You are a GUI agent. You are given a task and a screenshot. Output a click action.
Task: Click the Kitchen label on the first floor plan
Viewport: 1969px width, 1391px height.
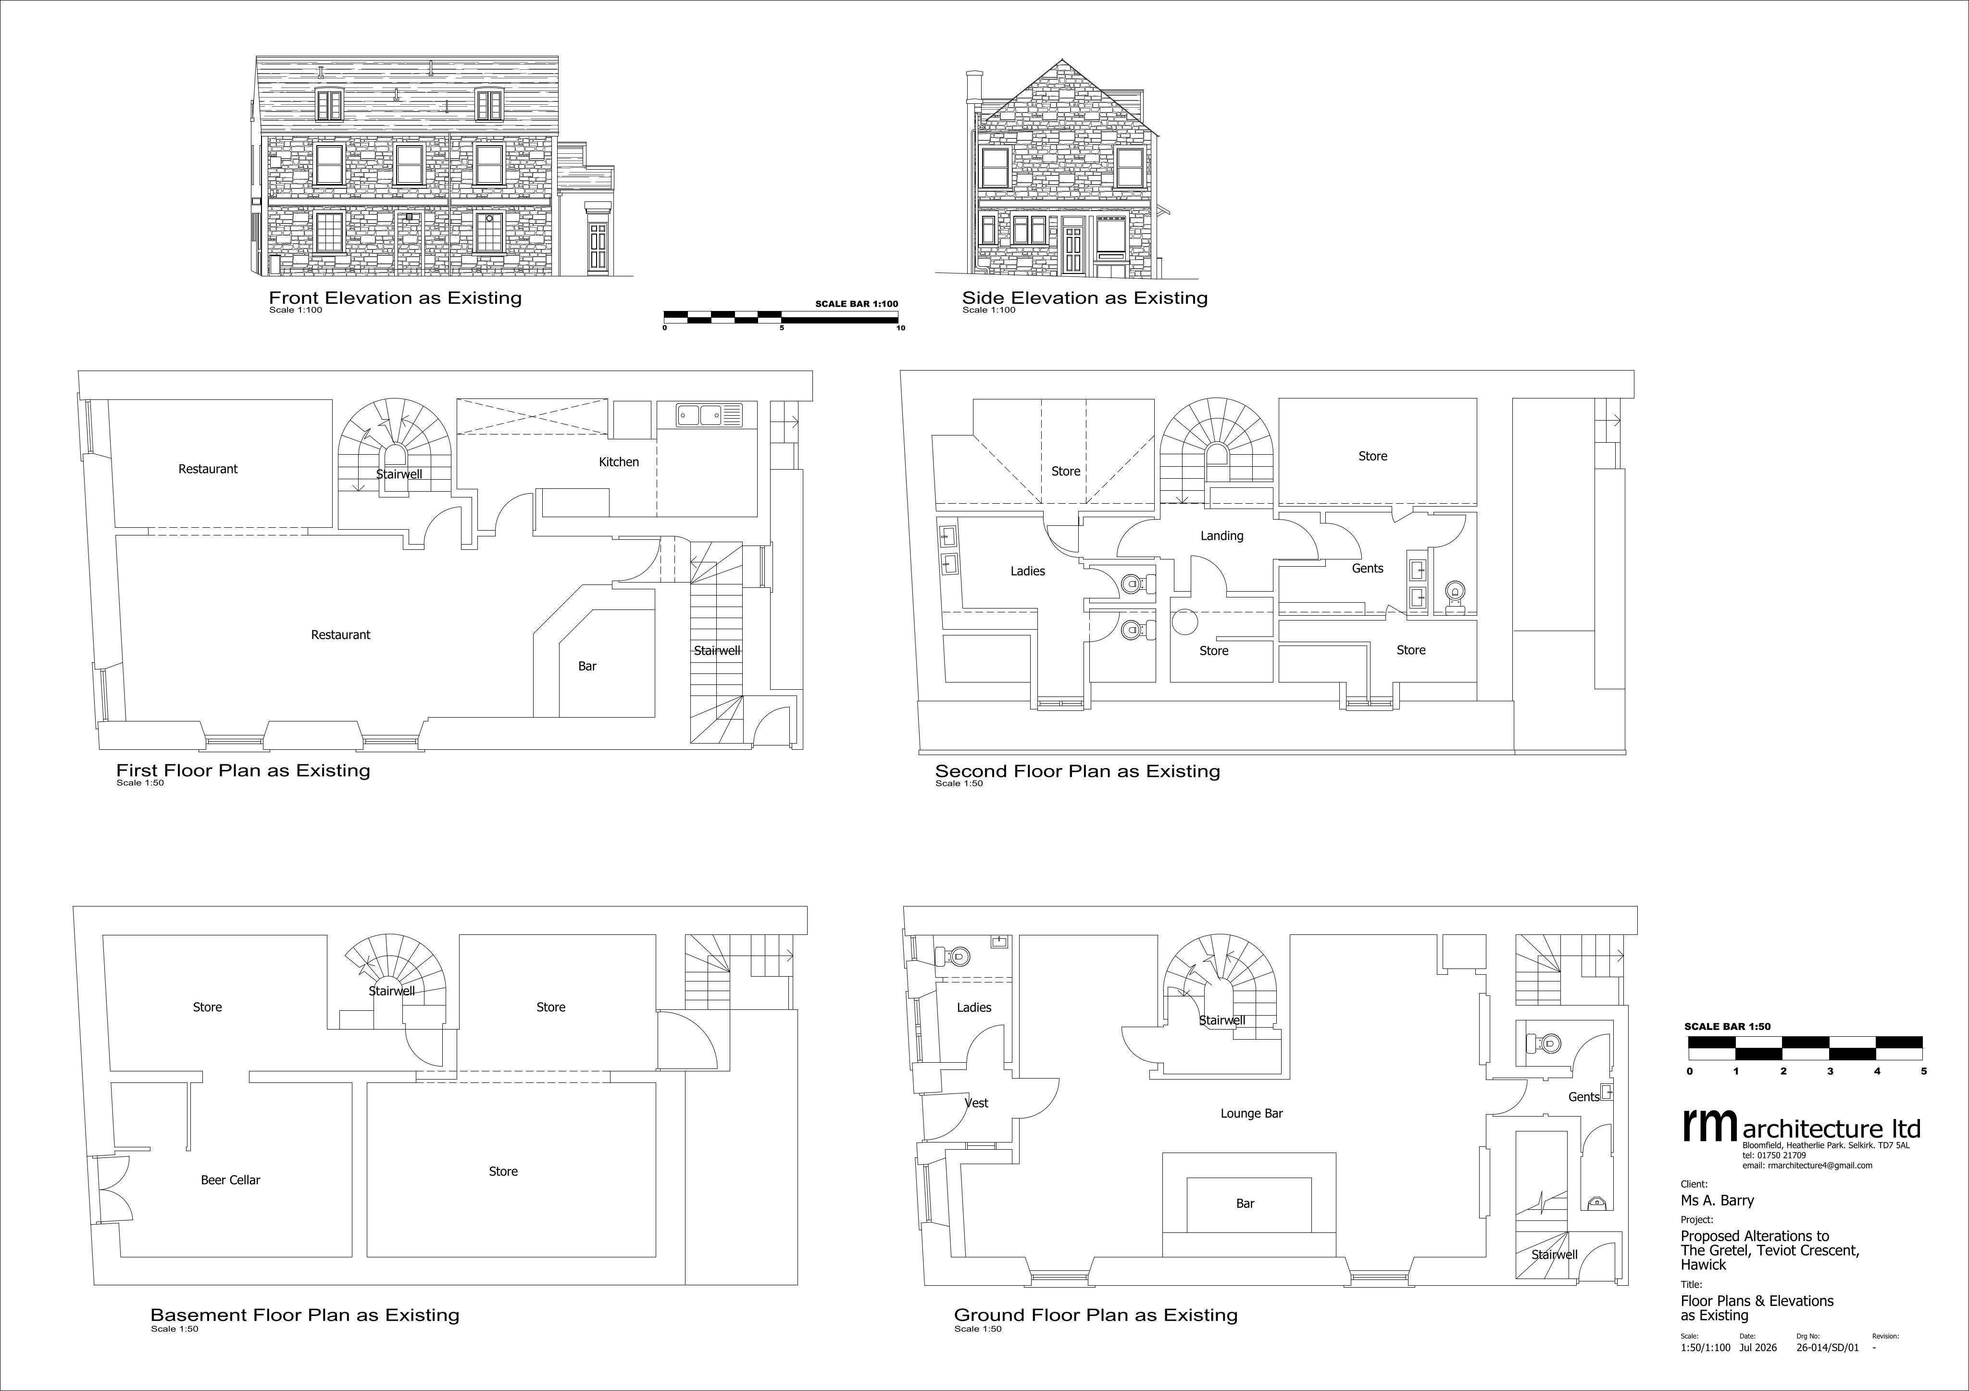[x=618, y=462]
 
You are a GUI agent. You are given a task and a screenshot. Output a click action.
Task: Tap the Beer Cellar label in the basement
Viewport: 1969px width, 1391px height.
[x=230, y=1180]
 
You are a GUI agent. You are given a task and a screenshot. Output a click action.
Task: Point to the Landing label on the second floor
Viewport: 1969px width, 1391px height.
[x=1221, y=536]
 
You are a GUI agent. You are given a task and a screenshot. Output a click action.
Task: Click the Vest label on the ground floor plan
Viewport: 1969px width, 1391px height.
[x=977, y=1103]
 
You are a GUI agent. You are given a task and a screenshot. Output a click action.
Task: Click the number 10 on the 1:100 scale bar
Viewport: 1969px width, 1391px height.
[x=900, y=328]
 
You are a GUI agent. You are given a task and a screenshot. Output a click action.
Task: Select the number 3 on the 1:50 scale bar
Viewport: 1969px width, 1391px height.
[x=1830, y=1071]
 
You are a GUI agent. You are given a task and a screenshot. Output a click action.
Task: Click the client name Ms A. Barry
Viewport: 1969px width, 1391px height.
[x=1717, y=1201]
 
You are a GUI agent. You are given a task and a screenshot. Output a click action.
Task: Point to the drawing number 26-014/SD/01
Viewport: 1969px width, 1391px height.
[x=1828, y=1347]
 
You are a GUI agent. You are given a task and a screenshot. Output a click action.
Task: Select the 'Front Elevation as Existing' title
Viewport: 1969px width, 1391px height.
[x=395, y=298]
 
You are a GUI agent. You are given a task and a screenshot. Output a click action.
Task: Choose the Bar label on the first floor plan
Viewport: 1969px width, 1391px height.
[x=586, y=666]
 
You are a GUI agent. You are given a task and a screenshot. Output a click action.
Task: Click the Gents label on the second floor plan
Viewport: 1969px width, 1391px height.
[x=1367, y=569]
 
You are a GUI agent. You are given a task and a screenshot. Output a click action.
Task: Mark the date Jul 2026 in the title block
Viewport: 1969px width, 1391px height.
[x=1758, y=1347]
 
